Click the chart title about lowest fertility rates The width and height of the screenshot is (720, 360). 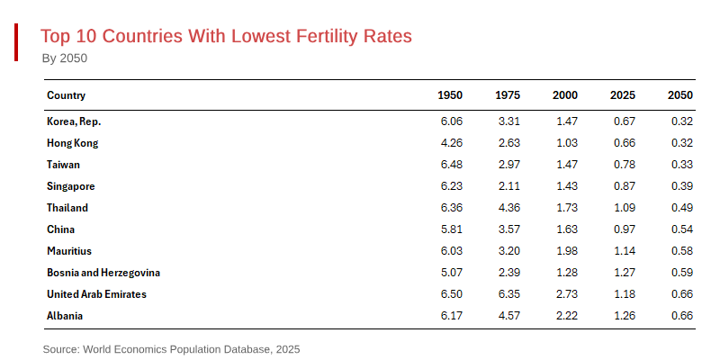226,36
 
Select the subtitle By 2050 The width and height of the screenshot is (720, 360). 65,58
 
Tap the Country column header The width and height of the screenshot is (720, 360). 66,95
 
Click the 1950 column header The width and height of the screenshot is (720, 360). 450,95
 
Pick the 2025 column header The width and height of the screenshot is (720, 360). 623,95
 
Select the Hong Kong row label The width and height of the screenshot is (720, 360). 72,143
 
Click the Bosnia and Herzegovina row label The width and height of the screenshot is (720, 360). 103,273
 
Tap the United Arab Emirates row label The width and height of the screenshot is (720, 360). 96,294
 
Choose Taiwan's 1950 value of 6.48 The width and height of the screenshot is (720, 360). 450,165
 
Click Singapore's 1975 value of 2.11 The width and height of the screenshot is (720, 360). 508,186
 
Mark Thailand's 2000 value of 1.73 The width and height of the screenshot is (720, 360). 565,208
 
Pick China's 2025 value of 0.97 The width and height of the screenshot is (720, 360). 623,229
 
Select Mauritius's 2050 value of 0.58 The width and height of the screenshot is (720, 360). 681,251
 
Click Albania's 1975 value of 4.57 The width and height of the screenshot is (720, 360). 508,316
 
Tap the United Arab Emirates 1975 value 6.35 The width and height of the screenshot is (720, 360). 508,294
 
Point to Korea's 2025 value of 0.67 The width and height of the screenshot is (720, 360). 623,121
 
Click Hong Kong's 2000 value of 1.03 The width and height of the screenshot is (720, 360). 565,143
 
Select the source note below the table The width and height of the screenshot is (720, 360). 171,348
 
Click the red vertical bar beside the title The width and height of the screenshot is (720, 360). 16,43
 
